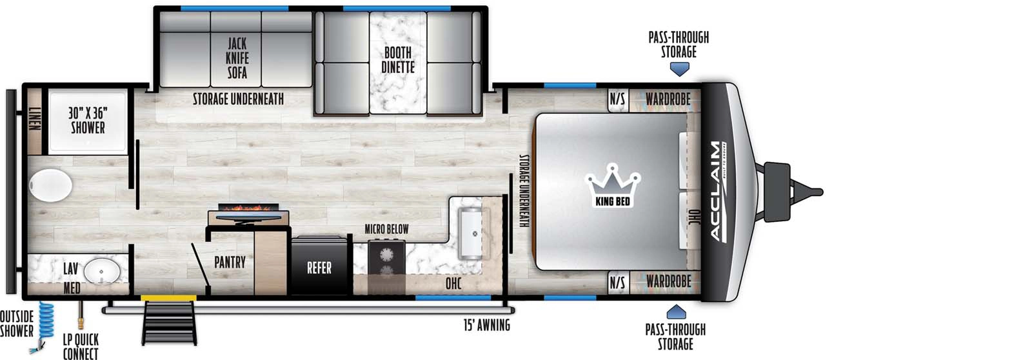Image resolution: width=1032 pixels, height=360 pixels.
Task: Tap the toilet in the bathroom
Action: (50, 185)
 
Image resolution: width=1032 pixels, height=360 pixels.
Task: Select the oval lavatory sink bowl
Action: (102, 270)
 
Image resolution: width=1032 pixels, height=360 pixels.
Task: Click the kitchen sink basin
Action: (470, 233)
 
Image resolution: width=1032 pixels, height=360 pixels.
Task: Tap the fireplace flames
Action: (249, 208)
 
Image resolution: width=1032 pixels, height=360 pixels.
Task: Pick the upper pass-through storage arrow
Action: (679, 69)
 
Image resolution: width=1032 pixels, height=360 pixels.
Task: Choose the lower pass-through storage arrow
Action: (677, 312)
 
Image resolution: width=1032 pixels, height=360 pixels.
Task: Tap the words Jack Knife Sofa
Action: (237, 58)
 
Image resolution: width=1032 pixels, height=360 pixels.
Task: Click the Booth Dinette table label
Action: (397, 60)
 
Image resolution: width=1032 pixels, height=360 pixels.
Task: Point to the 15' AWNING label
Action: (487, 325)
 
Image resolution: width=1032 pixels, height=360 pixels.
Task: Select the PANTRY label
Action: (230, 263)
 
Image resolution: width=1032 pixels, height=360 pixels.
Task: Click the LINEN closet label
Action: (35, 118)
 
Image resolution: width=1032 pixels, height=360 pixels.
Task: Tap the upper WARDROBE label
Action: (668, 99)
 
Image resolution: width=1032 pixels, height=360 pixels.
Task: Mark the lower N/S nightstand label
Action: (617, 282)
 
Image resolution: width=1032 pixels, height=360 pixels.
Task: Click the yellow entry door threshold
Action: (168, 298)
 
